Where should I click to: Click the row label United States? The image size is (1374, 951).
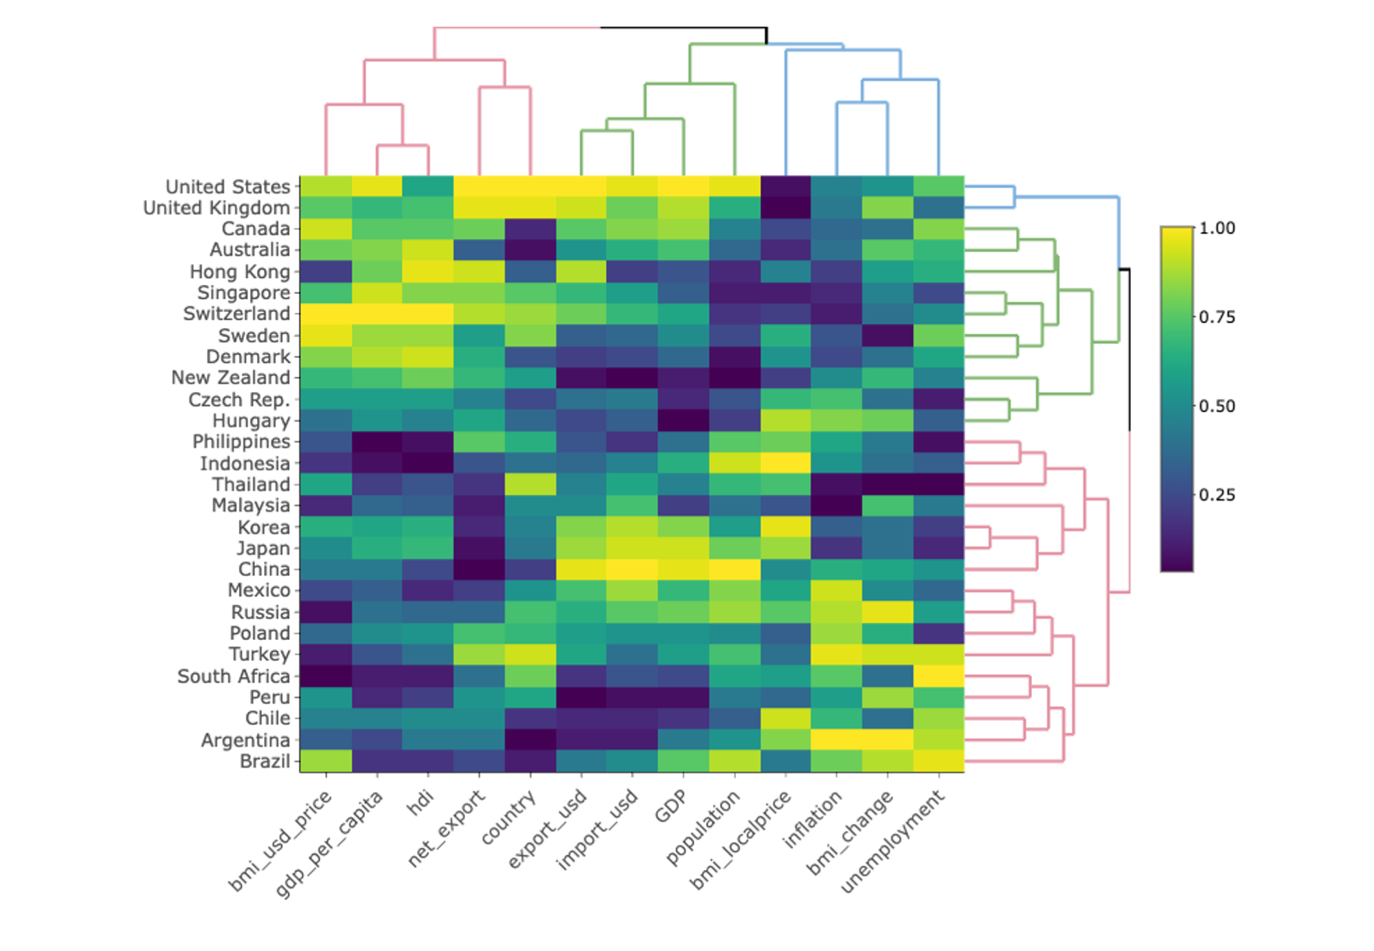pos(227,187)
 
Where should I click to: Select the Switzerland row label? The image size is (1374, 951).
pos(236,314)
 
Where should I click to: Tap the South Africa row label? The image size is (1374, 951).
pos(234,676)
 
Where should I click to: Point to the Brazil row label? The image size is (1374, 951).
pos(264,761)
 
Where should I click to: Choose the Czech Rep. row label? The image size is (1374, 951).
pos(238,400)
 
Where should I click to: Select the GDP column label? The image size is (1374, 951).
pos(671,806)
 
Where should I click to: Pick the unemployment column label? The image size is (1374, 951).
pos(893,842)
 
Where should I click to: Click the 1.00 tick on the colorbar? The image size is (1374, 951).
pos(1217,228)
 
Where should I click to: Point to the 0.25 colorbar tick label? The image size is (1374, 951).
pos(1217,495)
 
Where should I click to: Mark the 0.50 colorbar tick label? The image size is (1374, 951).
pos(1217,406)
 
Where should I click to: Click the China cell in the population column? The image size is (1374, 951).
pos(734,569)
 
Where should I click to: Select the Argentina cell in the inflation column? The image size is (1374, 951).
pos(837,740)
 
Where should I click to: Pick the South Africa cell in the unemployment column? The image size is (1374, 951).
pos(938,676)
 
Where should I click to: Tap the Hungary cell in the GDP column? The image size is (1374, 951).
pos(684,420)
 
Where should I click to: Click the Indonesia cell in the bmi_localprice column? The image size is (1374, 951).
pos(786,463)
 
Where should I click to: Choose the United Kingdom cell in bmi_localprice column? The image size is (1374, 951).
pos(786,207)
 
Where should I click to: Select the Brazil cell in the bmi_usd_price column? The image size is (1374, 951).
pos(326,761)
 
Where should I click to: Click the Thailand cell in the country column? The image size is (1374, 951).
pos(530,485)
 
